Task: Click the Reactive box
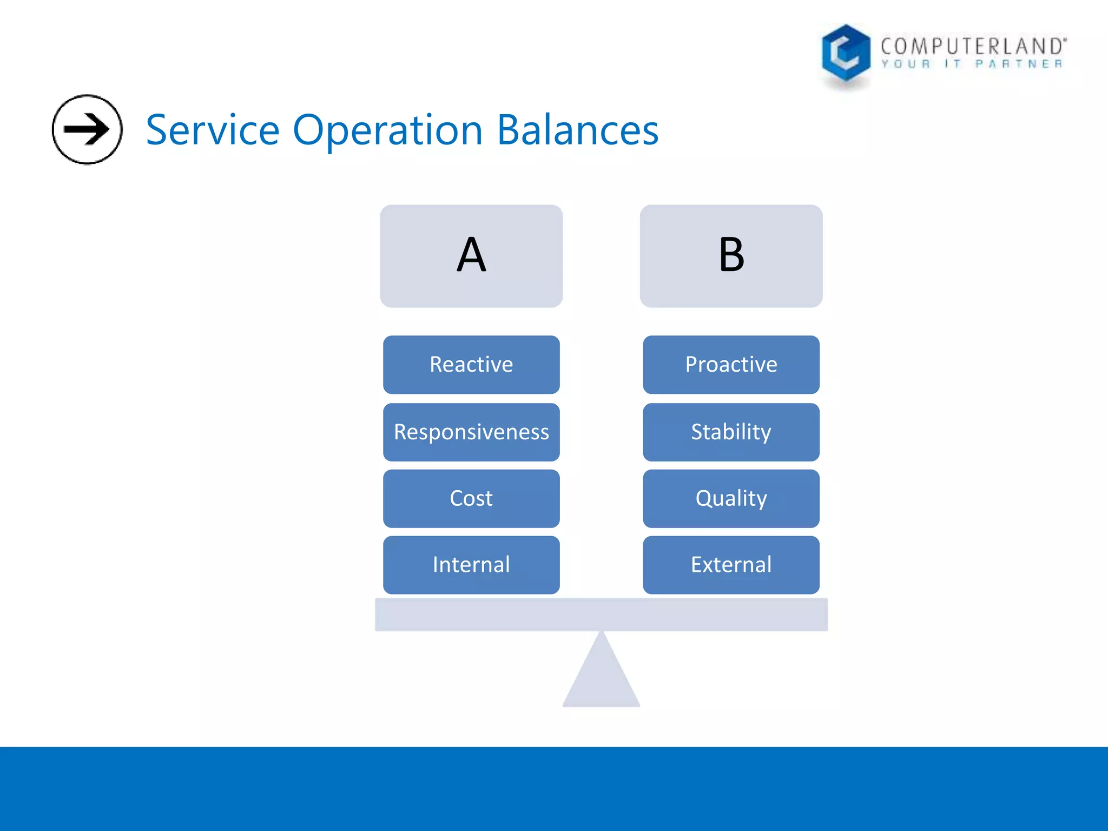tap(471, 364)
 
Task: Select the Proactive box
tap(731, 364)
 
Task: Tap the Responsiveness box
tap(471, 432)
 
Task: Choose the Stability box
tap(731, 432)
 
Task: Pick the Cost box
tap(471, 498)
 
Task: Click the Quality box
tap(731, 498)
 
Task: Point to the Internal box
tap(471, 565)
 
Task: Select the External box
tap(731, 565)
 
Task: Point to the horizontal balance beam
tap(601, 615)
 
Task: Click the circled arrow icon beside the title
tap(87, 129)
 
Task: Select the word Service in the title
tap(213, 130)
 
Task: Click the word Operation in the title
tap(387, 130)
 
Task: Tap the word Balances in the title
tap(577, 130)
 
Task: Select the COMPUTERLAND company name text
tap(973, 47)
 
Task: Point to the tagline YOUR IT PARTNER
tap(972, 64)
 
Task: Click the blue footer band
tap(554, 789)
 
